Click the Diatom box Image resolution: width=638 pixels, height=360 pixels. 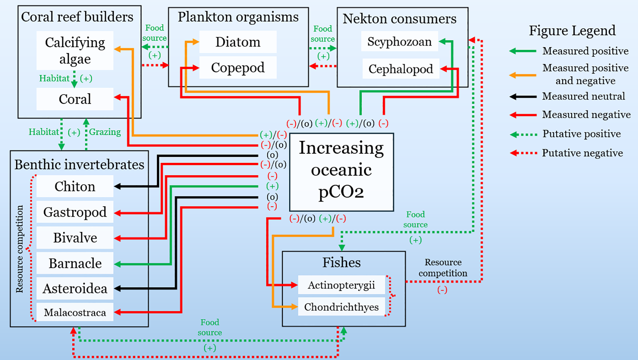(x=238, y=42)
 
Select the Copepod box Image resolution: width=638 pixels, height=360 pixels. (x=238, y=68)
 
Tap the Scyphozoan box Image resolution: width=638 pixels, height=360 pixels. (x=399, y=42)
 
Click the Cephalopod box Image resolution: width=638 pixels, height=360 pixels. (x=401, y=69)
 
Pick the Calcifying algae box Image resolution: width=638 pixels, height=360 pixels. (x=75, y=51)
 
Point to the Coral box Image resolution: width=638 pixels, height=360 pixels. (x=75, y=99)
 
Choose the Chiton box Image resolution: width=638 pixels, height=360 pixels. (x=75, y=186)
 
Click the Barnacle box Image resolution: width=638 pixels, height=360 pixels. (x=75, y=263)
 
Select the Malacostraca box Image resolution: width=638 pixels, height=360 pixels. (x=75, y=312)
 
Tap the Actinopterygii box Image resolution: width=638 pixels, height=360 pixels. (x=341, y=285)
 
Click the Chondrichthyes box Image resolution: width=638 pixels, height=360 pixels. (x=341, y=307)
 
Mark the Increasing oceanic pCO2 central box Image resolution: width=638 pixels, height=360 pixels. (x=341, y=172)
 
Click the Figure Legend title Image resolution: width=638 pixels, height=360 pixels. (x=572, y=30)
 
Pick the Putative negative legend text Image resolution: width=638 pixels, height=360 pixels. (x=582, y=153)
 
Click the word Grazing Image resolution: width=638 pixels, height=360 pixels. (x=105, y=132)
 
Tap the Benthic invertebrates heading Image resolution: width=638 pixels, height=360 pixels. (x=79, y=164)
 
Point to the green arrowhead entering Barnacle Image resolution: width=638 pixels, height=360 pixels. (x=118, y=264)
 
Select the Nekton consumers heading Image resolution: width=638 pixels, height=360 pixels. (x=399, y=19)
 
